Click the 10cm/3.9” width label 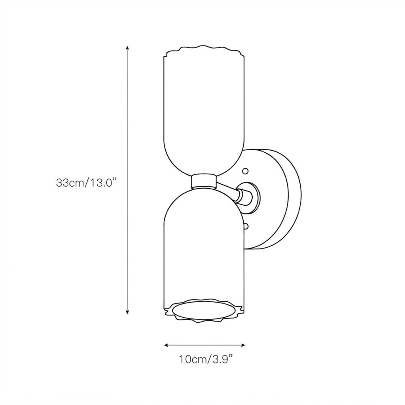(206, 359)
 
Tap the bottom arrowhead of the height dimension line (127, 312)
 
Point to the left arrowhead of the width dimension (167, 345)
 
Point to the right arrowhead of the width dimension (243, 345)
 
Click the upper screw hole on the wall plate (245, 171)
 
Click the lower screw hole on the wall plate (246, 227)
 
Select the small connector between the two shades (204, 181)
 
